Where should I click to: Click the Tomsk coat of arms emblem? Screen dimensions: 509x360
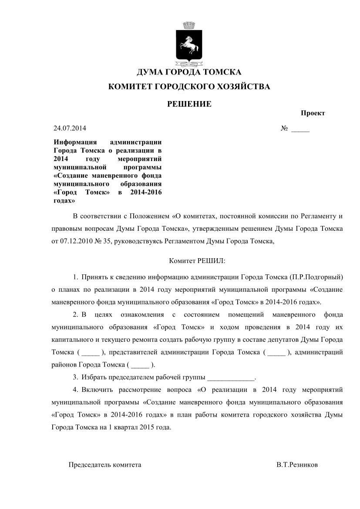pyautogui.click(x=189, y=45)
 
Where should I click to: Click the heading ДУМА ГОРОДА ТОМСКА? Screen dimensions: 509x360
pyautogui.click(x=189, y=72)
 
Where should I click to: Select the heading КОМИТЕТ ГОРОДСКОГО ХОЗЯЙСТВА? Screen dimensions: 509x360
pyautogui.click(x=189, y=87)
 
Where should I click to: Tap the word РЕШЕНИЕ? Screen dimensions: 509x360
pyautogui.click(x=189, y=104)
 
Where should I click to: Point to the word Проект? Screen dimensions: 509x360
pyautogui.click(x=313, y=113)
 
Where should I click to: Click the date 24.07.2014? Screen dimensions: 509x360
pyautogui.click(x=70, y=128)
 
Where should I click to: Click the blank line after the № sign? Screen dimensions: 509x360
pyautogui.click(x=300, y=129)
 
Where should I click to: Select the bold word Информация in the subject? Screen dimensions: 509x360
pyautogui.click(x=71, y=142)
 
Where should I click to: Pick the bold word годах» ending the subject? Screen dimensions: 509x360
pyautogui.click(x=64, y=201)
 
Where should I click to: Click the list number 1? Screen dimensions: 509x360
pyautogui.click(x=75, y=277)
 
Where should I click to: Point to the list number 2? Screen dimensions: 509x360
pyautogui.click(x=75, y=314)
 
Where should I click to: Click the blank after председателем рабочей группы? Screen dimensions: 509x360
pyautogui.click(x=231, y=377)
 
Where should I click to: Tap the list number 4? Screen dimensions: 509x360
pyautogui.click(x=75, y=389)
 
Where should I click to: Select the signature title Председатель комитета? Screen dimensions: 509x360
pyautogui.click(x=105, y=465)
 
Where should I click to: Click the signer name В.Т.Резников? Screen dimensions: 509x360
pyautogui.click(x=297, y=465)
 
